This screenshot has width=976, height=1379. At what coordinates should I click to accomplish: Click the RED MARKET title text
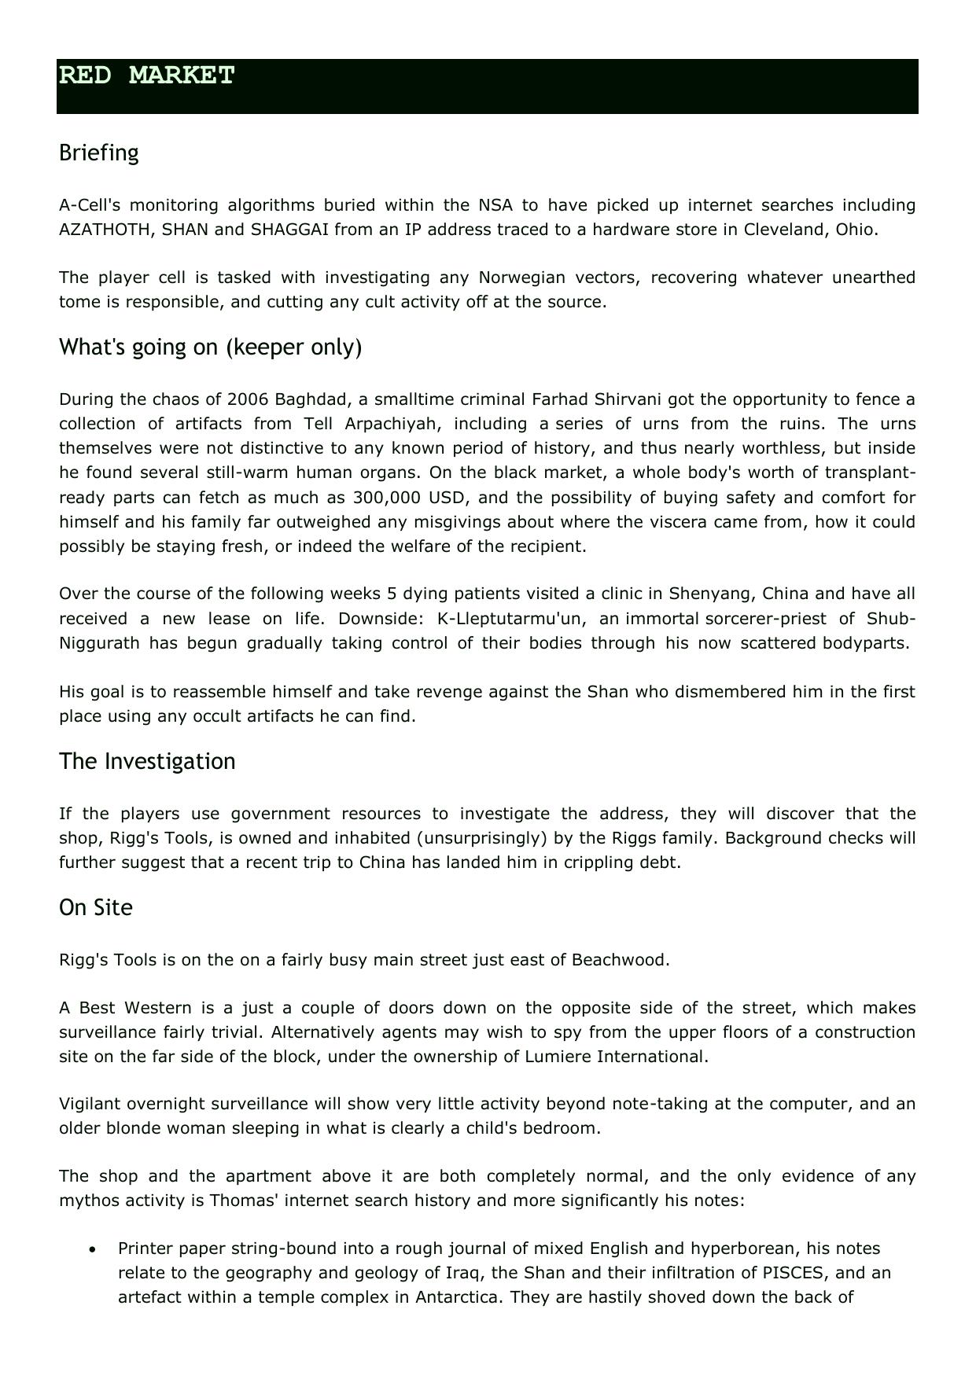coord(147,75)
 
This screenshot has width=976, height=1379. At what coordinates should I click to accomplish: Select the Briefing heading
coord(99,153)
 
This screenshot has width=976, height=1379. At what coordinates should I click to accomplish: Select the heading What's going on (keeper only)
coord(210,347)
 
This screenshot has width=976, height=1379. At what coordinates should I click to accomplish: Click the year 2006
coord(249,399)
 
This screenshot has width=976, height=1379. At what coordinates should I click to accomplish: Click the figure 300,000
coord(387,498)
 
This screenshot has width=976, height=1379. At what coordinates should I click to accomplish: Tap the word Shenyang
coord(700,594)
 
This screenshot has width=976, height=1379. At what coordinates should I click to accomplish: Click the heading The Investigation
coord(147,761)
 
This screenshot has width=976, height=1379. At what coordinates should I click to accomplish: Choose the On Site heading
coord(96,907)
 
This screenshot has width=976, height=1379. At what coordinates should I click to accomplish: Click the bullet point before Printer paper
coord(94,1249)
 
